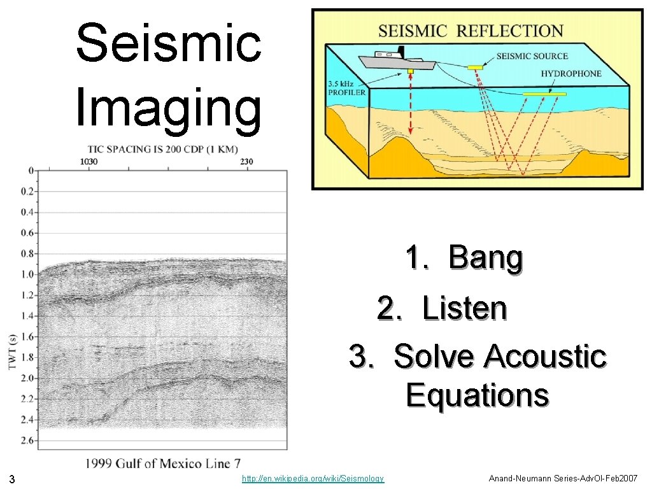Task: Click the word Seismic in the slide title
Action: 169,43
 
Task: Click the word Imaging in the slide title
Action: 169,108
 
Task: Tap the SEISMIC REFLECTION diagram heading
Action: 471,31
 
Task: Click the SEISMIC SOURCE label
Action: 532,56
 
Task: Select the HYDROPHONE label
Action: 570,74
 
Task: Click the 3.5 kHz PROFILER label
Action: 346,88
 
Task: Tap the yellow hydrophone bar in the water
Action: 544,95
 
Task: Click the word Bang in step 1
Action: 486,258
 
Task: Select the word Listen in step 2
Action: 464,309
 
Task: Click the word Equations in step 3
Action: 477,395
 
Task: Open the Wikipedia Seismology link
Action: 313,478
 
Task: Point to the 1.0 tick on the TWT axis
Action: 27,274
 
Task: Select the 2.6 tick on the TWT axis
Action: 27,440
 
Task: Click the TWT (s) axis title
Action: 13,351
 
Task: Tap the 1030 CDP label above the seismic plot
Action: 89,162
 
